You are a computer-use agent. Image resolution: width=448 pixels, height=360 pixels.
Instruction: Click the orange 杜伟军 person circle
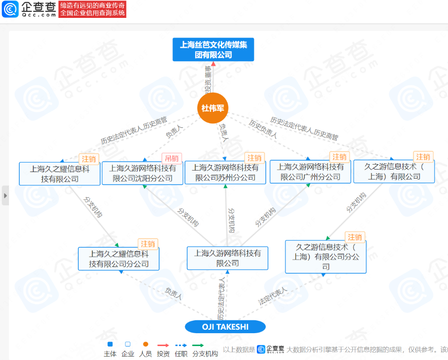[x=213, y=107]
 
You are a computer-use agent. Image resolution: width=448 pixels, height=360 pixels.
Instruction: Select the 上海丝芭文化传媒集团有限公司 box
[x=213, y=50]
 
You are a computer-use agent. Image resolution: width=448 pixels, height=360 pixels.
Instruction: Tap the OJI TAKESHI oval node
[x=225, y=327]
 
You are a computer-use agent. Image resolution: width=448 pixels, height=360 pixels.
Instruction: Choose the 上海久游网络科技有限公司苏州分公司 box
[x=225, y=173]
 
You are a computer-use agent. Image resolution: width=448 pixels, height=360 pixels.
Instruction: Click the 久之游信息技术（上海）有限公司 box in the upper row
[x=394, y=172]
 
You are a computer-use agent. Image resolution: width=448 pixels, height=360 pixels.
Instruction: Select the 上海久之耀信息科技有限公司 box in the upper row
[x=59, y=174]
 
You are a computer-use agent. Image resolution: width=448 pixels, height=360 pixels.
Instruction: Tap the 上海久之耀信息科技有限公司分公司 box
[x=118, y=259]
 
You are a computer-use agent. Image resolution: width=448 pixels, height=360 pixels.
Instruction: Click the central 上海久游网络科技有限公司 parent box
[x=227, y=258]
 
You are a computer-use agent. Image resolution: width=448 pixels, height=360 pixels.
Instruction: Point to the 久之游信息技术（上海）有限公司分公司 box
[x=326, y=257]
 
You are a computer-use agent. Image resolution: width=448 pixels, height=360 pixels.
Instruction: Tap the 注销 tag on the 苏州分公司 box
[x=255, y=158]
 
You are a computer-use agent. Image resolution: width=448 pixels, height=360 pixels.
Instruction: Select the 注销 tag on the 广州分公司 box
[x=339, y=157]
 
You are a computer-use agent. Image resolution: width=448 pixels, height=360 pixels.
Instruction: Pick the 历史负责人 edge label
[x=263, y=129]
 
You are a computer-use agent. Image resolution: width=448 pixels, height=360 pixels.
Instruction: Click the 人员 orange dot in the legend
[x=145, y=344]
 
